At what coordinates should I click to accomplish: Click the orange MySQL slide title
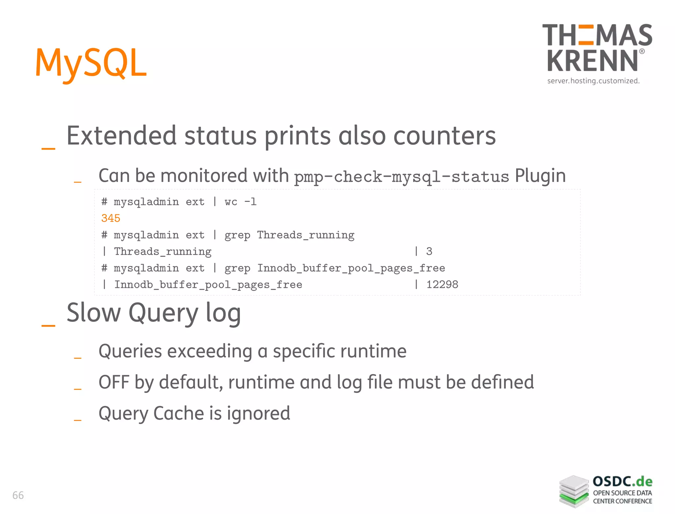click(91, 63)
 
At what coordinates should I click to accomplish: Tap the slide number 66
click(18, 495)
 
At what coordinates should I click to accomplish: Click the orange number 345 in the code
click(111, 218)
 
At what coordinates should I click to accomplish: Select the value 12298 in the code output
click(442, 284)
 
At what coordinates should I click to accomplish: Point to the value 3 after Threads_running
click(429, 251)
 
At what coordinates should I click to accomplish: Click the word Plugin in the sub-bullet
click(540, 176)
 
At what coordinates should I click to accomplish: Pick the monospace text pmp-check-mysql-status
click(401, 177)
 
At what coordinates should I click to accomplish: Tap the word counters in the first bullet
click(445, 136)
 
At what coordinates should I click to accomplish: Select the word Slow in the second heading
click(94, 312)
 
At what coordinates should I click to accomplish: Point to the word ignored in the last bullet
click(258, 413)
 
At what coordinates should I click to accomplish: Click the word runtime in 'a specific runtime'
click(373, 351)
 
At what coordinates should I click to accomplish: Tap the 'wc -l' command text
click(240, 202)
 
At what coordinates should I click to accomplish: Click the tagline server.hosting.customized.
click(593, 81)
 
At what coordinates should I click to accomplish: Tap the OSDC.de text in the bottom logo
click(622, 482)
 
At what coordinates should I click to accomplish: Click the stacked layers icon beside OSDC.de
click(574, 491)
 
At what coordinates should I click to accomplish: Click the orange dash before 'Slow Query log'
click(48, 326)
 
